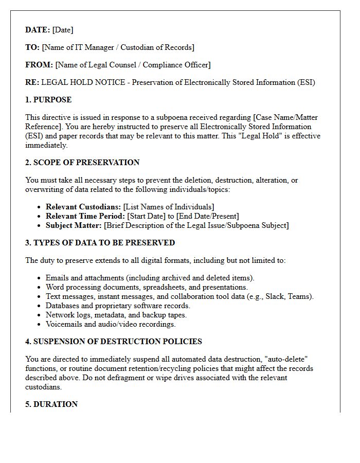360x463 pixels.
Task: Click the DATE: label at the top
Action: point(38,30)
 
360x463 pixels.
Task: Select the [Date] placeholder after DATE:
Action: point(63,30)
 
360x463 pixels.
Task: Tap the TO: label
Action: point(32,47)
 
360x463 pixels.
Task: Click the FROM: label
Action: point(39,65)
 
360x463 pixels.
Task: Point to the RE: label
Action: point(32,82)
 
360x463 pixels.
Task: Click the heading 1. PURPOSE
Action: point(48,100)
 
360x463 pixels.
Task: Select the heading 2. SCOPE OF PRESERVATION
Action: point(82,163)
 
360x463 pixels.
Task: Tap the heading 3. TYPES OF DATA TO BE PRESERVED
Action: point(100,243)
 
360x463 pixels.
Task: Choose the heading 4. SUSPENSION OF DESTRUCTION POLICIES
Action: point(113,342)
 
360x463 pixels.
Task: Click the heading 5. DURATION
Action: point(51,404)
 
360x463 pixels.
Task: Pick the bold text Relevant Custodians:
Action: point(83,207)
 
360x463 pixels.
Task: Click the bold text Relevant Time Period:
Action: point(85,216)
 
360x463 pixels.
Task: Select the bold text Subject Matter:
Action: point(74,225)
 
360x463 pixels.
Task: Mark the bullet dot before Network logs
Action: point(40,315)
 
